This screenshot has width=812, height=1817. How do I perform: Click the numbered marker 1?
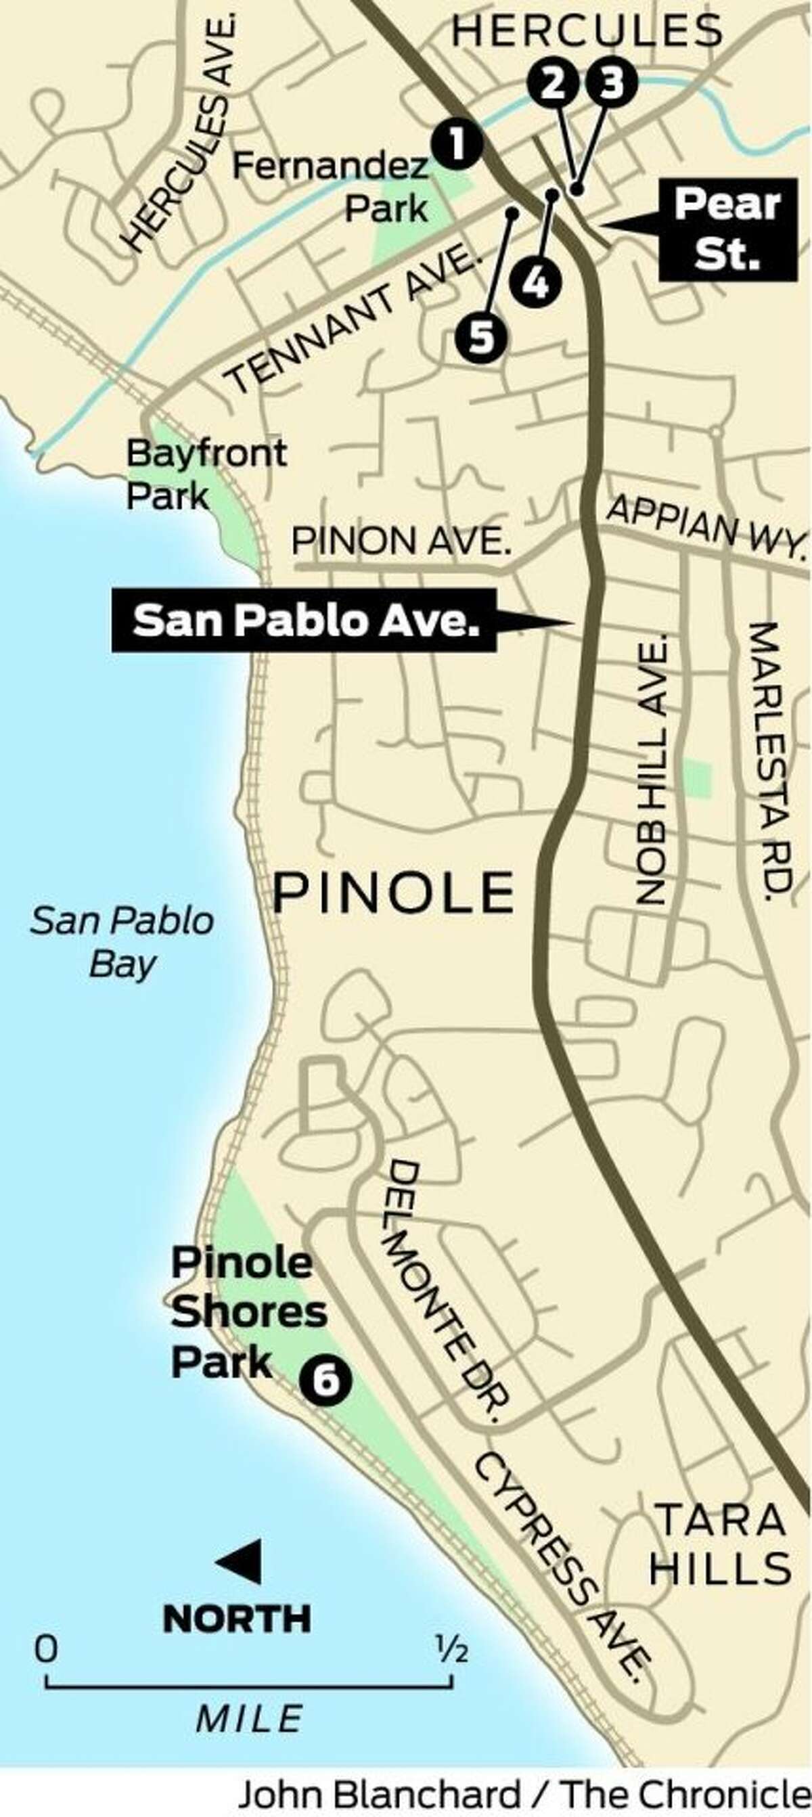tap(458, 144)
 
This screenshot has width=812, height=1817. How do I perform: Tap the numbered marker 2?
tap(554, 84)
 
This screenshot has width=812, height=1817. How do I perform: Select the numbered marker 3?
tap(611, 84)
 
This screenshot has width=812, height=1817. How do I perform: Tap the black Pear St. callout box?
tap(727, 229)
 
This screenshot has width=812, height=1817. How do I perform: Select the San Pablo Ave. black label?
tap(303, 621)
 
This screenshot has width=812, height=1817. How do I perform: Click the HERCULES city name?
tap(587, 31)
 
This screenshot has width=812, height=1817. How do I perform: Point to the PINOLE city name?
tap(394, 891)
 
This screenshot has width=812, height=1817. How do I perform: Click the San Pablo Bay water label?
tap(122, 943)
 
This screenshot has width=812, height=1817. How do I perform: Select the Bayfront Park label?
tap(206, 474)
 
